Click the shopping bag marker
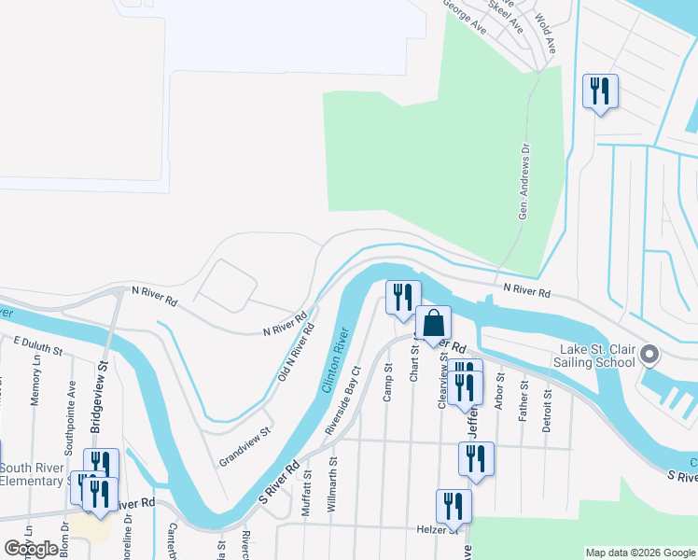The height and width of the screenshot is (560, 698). [x=433, y=324]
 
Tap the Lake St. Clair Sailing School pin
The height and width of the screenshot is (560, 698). [x=651, y=356]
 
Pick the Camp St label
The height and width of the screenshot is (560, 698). [x=387, y=385]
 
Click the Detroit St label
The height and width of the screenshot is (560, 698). [x=547, y=410]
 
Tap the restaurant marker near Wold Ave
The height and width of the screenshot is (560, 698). [x=599, y=91]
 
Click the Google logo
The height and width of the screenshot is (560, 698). [x=31, y=549]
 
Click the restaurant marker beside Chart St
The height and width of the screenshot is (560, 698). [x=403, y=298]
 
